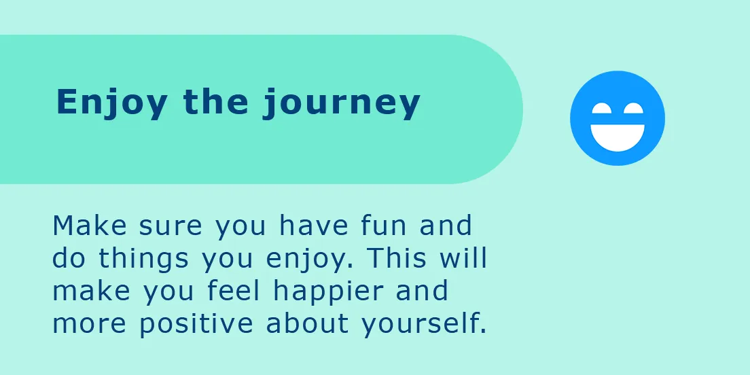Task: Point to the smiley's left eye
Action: click(604, 108)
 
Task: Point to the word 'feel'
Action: click(233, 291)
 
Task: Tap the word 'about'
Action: click(307, 323)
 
